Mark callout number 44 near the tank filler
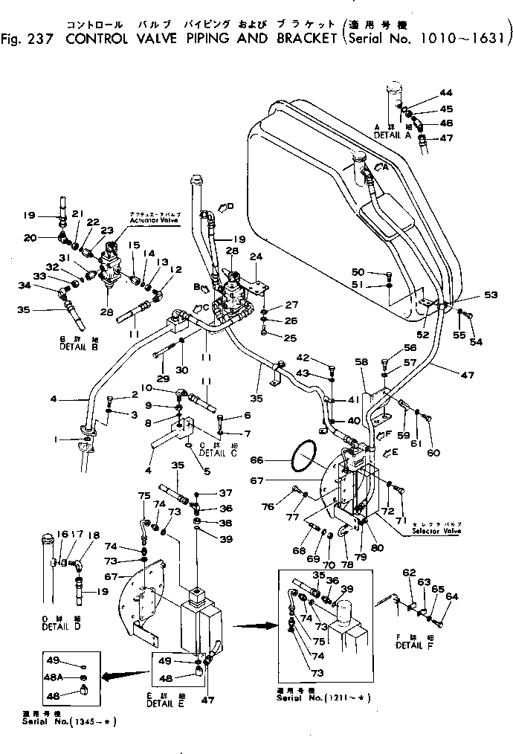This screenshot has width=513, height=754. pos(445,93)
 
